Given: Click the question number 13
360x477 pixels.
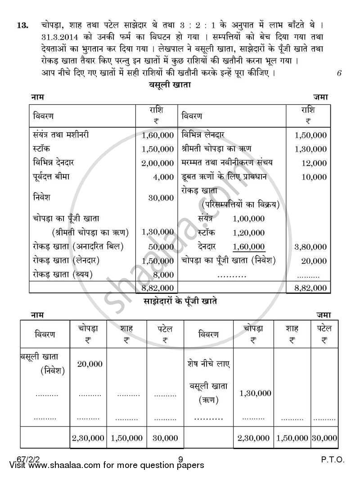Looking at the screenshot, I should [22, 25].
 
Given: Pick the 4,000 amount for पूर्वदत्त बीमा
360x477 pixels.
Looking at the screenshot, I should [163, 177].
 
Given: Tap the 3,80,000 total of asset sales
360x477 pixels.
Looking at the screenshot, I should [310, 247].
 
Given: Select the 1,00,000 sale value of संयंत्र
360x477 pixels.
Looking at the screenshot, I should [249, 219].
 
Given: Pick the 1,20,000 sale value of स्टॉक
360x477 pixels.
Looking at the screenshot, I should [249, 233].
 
